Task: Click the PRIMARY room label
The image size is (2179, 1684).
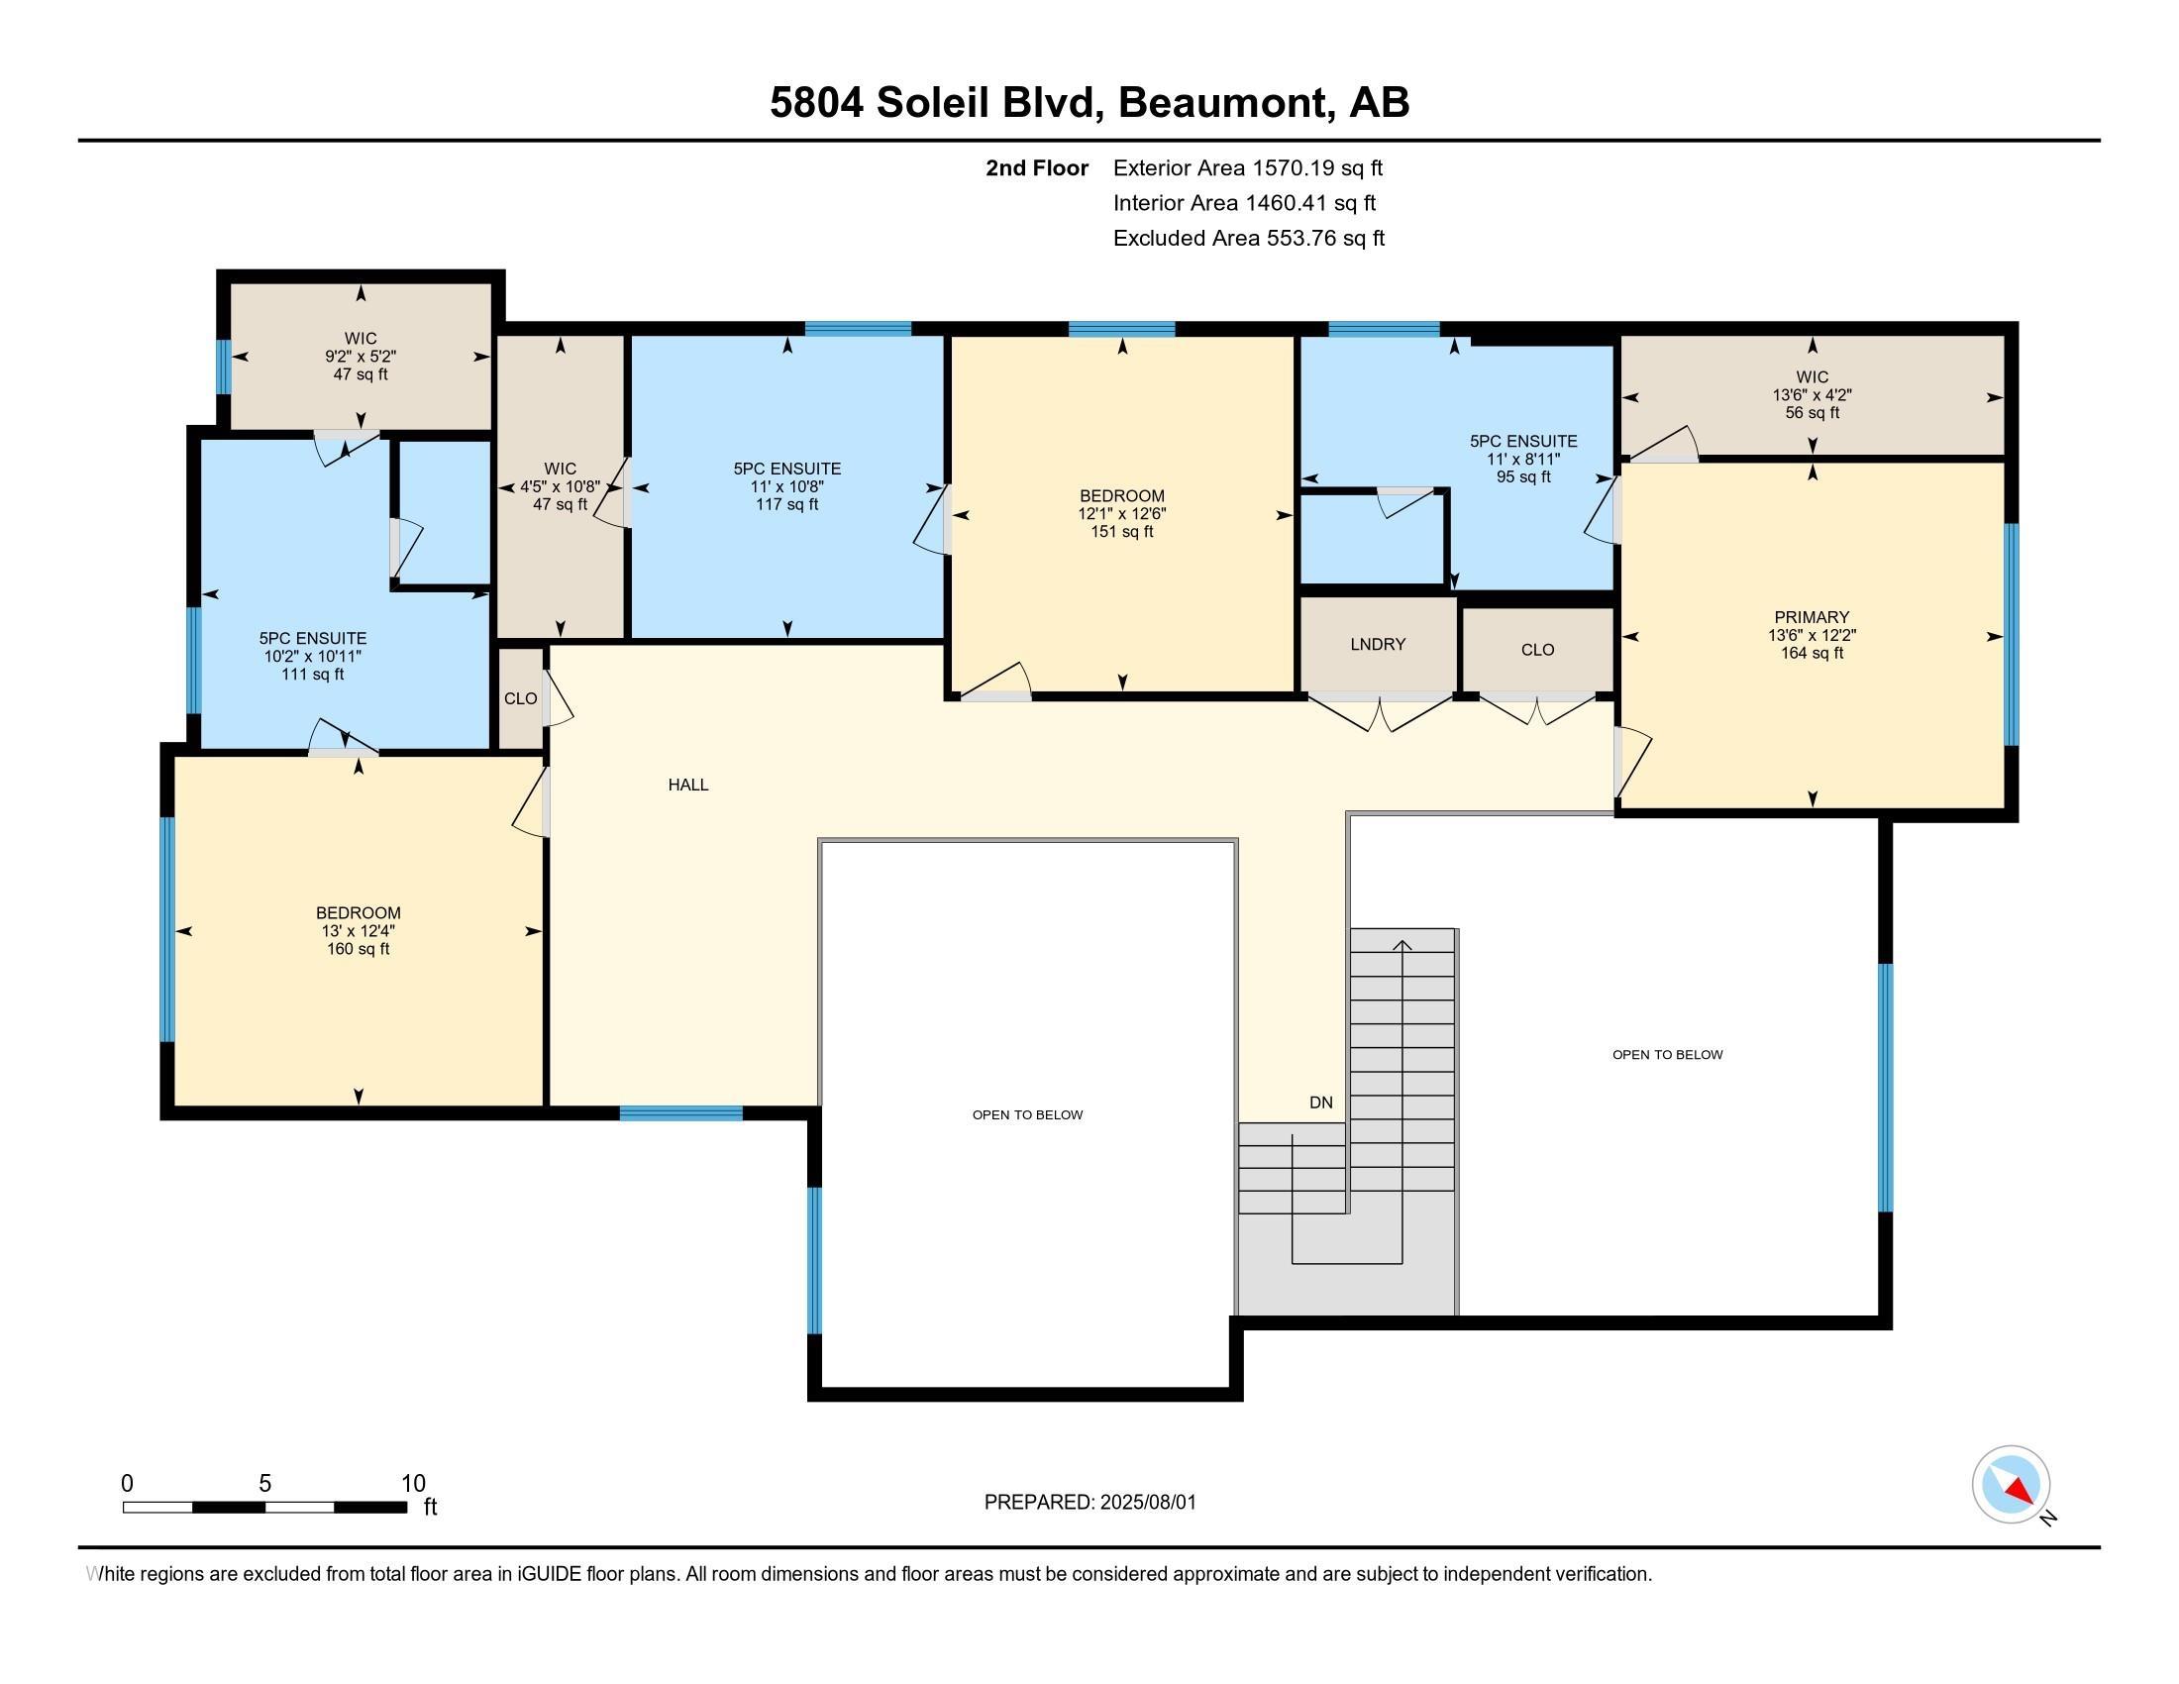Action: (x=1812, y=616)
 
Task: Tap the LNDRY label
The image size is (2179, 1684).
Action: (x=1378, y=645)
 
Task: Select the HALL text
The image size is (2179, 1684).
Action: (x=688, y=786)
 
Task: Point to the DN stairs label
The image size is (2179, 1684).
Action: (x=1321, y=1103)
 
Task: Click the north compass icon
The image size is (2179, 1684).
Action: (x=2012, y=1485)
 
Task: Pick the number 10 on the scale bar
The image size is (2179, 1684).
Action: (x=413, y=1483)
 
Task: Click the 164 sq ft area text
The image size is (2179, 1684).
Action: (x=1812, y=654)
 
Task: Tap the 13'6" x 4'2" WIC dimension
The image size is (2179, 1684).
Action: (x=1812, y=395)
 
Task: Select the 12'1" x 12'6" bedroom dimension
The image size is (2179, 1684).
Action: (x=1122, y=514)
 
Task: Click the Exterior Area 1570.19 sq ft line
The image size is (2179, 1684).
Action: (x=1248, y=167)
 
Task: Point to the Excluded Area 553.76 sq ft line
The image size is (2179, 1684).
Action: (x=1249, y=238)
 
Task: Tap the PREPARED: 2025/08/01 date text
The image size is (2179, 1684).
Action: (x=1090, y=1502)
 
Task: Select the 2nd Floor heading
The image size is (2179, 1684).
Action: (x=1037, y=167)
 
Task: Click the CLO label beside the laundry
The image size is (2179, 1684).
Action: (x=1537, y=650)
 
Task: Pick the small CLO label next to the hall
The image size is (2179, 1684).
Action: (x=521, y=698)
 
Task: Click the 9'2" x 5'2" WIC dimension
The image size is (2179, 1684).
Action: (x=361, y=357)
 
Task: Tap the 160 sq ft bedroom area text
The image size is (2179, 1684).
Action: (x=359, y=949)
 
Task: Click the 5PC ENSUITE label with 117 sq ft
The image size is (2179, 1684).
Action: (x=787, y=468)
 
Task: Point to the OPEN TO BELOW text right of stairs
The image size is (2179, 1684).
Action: (x=1667, y=1055)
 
